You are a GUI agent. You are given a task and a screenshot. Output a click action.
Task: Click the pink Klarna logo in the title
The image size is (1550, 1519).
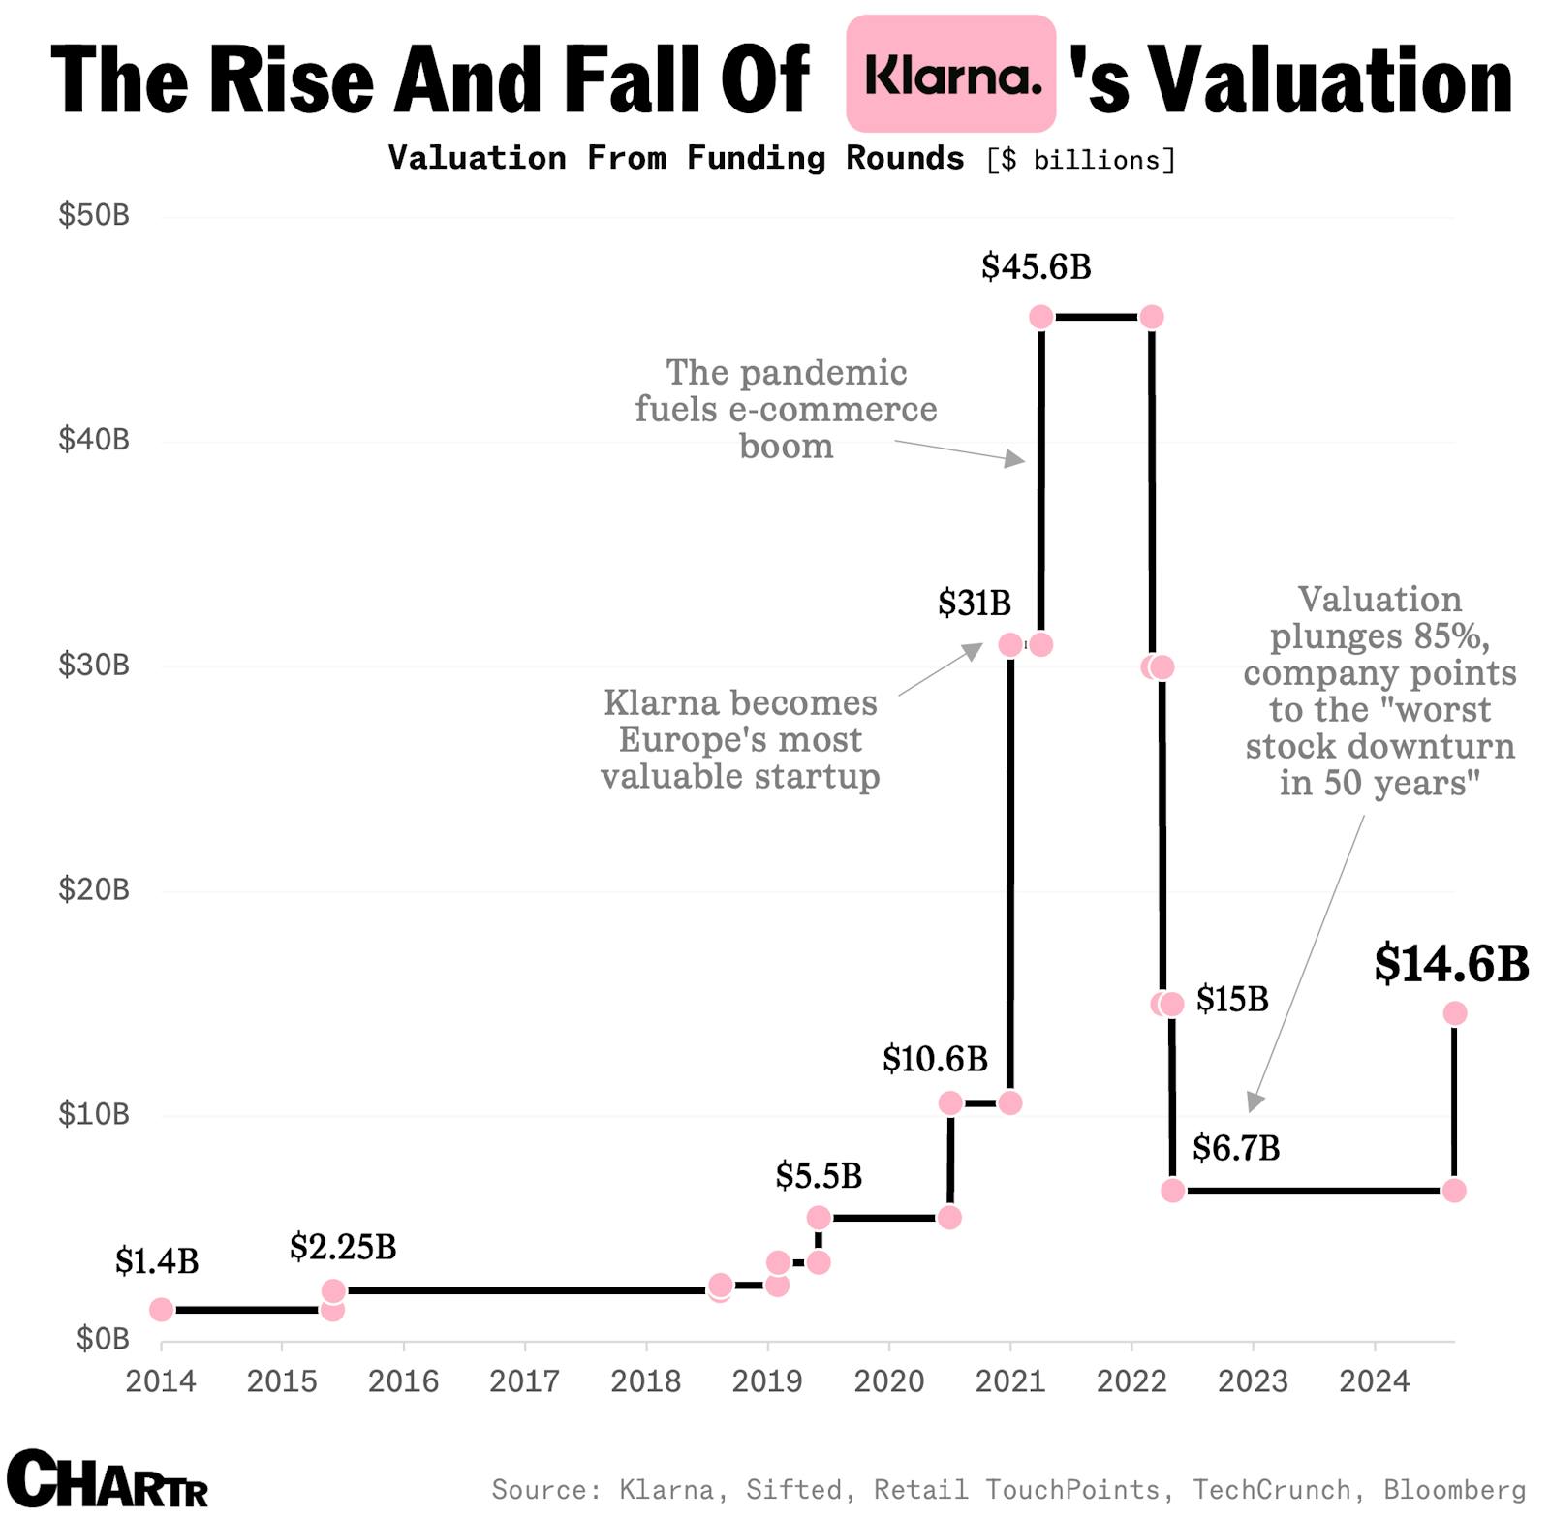coord(950,74)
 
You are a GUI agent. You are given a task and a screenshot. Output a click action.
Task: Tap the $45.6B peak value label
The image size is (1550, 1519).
coord(1036,266)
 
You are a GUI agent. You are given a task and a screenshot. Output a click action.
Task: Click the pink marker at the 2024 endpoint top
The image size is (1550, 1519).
coord(1454,1013)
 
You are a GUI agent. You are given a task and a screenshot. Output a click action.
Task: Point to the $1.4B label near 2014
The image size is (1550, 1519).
coord(157,1260)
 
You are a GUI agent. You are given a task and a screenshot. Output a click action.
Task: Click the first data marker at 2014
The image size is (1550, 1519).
coord(162,1310)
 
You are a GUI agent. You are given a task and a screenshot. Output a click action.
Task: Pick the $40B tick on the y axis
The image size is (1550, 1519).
coord(94,440)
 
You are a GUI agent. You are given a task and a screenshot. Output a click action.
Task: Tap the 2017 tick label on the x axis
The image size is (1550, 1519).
coord(524,1380)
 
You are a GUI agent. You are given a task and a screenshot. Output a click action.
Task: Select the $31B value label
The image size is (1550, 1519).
coord(974,603)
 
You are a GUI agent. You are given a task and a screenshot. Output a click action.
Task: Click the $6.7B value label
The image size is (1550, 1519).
coord(1235,1148)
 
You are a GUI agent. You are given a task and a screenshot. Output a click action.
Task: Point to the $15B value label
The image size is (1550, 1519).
coord(1231,999)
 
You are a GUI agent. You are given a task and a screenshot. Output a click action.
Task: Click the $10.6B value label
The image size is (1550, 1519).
coord(935,1059)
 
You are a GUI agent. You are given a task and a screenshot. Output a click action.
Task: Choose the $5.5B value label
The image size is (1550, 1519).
coord(819,1176)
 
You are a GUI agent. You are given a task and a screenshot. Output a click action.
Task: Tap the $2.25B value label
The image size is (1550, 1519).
coord(343,1247)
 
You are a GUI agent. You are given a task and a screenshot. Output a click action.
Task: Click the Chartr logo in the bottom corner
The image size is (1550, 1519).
coord(107,1479)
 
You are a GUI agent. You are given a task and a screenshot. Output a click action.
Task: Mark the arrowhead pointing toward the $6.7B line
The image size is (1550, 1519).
coord(1255,1101)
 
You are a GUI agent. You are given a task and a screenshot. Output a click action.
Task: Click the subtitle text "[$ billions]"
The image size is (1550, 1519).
coord(1080,160)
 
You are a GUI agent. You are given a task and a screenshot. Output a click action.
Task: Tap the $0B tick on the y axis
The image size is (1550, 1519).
coord(103,1339)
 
